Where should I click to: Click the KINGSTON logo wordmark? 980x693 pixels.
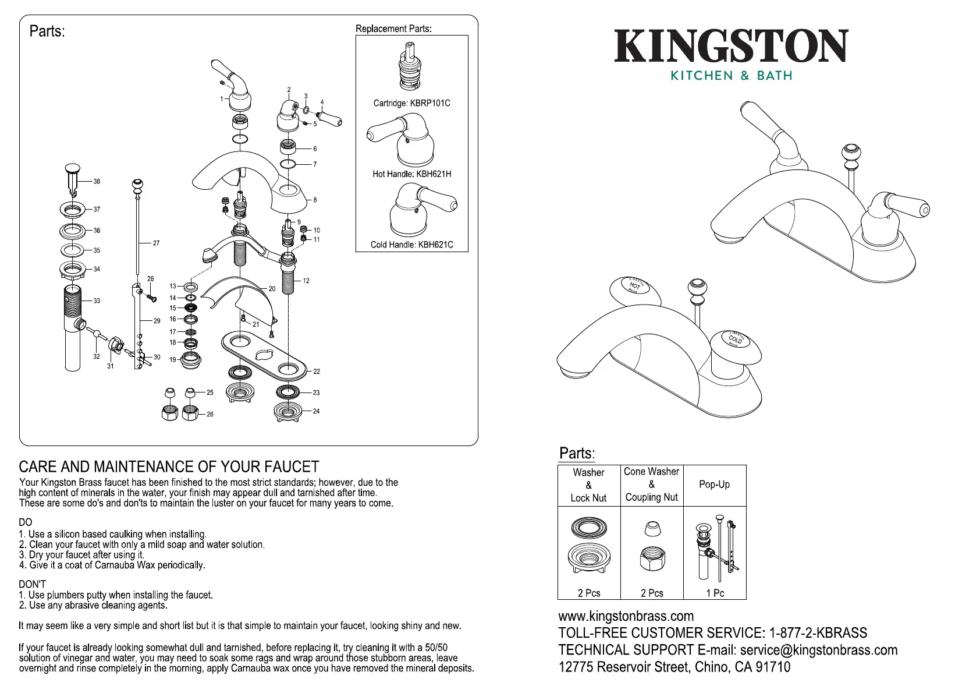[731, 47]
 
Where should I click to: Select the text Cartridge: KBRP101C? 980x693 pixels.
[411, 103]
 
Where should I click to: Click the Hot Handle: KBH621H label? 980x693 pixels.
[411, 174]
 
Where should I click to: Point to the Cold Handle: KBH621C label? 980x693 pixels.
[411, 245]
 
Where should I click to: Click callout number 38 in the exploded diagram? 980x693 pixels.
[97, 182]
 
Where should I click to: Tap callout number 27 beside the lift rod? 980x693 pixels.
[156, 243]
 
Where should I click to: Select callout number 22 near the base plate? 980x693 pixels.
[317, 371]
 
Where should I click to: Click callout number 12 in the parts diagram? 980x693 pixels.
[306, 281]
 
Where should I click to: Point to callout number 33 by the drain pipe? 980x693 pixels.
[97, 300]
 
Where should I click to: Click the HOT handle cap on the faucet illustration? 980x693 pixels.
[635, 287]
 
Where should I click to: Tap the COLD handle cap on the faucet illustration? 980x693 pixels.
[735, 339]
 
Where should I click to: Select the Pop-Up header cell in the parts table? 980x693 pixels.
[714, 485]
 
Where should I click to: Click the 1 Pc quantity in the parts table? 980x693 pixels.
[715, 593]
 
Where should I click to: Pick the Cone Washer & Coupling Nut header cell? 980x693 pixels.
[651, 485]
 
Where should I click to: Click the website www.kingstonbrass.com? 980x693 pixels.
[626, 616]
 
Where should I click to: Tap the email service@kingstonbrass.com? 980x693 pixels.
[818, 650]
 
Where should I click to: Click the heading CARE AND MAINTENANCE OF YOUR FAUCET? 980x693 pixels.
[169, 467]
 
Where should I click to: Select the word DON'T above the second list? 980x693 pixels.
[32, 584]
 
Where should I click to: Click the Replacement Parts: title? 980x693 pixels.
[393, 29]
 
